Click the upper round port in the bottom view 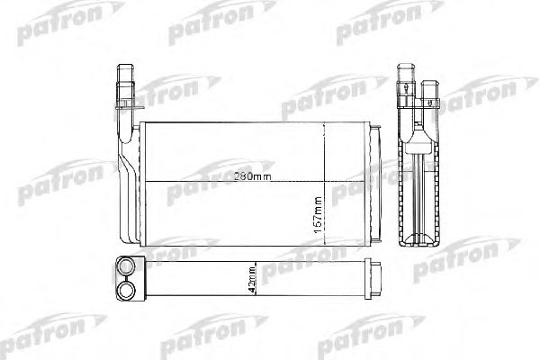point(128,266)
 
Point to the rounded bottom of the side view point(419,239)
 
